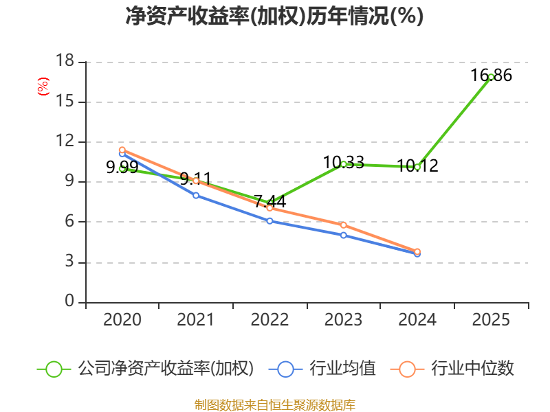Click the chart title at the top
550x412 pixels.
click(x=274, y=16)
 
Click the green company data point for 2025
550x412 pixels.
click(x=491, y=77)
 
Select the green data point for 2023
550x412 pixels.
click(x=344, y=164)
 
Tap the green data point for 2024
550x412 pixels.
click(x=417, y=167)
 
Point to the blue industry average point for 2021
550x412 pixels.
click(x=196, y=196)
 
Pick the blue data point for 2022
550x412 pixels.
click(x=269, y=221)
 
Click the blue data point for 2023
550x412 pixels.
click(x=344, y=235)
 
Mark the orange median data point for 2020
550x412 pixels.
click(x=122, y=150)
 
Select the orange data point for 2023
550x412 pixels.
click(x=344, y=225)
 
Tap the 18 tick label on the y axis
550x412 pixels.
click(x=65, y=62)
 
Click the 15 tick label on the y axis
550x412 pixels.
click(x=65, y=102)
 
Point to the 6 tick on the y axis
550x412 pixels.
click(x=69, y=222)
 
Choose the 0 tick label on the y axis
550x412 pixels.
click(x=69, y=302)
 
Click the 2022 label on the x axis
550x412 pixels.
click(x=269, y=320)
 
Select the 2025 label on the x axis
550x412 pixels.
click(x=491, y=320)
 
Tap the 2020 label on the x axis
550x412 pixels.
click(x=122, y=320)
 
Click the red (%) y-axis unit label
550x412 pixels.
click(x=43, y=87)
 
